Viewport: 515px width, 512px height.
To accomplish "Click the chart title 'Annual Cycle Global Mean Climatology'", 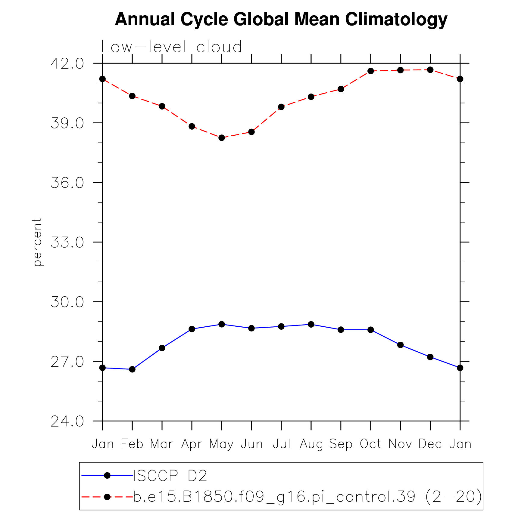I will pyautogui.click(x=281, y=20).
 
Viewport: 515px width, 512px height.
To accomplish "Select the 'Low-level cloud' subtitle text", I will pyautogui.click(x=171, y=47).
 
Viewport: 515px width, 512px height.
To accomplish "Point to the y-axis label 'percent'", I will pyautogui.click(x=37, y=242).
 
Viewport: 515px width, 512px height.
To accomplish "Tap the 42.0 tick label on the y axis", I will pyautogui.click(x=67, y=64).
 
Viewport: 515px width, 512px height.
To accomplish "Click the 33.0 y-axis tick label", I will pyautogui.click(x=67, y=242).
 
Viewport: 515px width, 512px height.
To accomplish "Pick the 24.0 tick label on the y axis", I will pyautogui.click(x=67, y=421).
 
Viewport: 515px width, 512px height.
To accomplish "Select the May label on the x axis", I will pyautogui.click(x=221, y=444).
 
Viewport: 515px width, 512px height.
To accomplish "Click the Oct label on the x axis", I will pyautogui.click(x=370, y=444).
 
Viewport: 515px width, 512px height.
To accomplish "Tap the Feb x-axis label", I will pyautogui.click(x=132, y=444).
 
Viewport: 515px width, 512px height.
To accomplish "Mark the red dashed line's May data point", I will pyautogui.click(x=222, y=138).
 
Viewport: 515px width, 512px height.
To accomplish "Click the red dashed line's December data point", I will pyautogui.click(x=430, y=70).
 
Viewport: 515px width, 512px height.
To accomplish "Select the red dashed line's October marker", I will pyautogui.click(x=370, y=71).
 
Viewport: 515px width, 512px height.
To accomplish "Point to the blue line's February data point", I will pyautogui.click(x=132, y=369).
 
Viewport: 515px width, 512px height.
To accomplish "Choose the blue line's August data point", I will pyautogui.click(x=311, y=324).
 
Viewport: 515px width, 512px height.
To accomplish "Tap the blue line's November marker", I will pyautogui.click(x=400, y=345).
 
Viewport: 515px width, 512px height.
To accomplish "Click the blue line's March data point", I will pyautogui.click(x=162, y=348).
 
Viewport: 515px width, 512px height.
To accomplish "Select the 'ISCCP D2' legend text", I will pyautogui.click(x=170, y=476).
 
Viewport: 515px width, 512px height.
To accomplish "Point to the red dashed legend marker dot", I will pyautogui.click(x=107, y=497).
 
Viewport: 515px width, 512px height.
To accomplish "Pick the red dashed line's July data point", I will pyautogui.click(x=281, y=107).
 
